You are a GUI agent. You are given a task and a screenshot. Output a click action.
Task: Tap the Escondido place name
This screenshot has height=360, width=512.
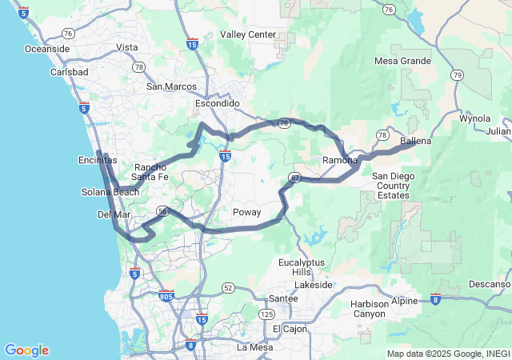pyautogui.click(x=218, y=104)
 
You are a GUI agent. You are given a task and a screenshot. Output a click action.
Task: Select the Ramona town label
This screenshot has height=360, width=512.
pyautogui.click(x=340, y=161)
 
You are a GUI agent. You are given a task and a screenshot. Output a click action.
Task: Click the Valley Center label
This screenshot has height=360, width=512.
pyautogui.click(x=247, y=35)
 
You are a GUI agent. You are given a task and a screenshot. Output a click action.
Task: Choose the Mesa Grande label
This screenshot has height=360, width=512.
pyautogui.click(x=403, y=61)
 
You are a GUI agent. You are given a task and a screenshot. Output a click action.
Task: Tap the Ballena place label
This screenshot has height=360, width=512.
pyautogui.click(x=415, y=142)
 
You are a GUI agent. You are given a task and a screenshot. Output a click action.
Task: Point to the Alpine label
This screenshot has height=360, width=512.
pyautogui.click(x=405, y=301)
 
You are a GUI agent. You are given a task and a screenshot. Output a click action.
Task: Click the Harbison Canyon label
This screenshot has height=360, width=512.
pyautogui.click(x=369, y=309)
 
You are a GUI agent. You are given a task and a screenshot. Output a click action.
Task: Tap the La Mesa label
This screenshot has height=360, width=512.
pyautogui.click(x=255, y=347)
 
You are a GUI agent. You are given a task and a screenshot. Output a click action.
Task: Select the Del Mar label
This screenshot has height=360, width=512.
pyautogui.click(x=113, y=215)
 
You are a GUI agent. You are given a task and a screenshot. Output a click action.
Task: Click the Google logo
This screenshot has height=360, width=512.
pyautogui.click(x=26, y=350)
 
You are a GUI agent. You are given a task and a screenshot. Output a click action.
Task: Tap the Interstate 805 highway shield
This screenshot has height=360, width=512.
pyautogui.click(x=166, y=296)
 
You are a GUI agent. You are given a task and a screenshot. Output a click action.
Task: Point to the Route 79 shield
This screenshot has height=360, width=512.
pyautogui.click(x=457, y=75)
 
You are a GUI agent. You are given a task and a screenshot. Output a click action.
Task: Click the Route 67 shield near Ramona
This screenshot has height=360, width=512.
pyautogui.click(x=296, y=178)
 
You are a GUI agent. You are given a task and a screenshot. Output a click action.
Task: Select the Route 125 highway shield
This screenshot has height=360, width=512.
pyautogui.click(x=266, y=315)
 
